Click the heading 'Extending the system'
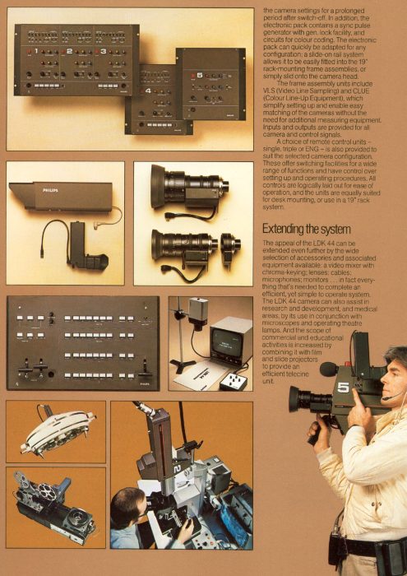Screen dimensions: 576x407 (306, 229)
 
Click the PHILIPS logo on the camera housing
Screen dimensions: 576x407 (51, 189)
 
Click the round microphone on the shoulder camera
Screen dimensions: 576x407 (329, 369)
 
